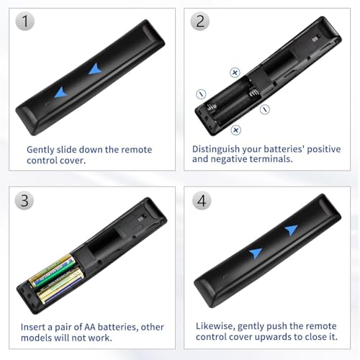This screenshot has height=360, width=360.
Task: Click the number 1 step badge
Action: tap(27, 22)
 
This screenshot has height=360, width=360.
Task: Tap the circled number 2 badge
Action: tap(201, 22)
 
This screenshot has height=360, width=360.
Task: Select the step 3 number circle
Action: tap(27, 201)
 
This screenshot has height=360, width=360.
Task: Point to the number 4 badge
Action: tap(201, 201)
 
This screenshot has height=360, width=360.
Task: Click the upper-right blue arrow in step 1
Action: tap(94, 69)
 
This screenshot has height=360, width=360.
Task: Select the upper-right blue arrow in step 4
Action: tap(290, 230)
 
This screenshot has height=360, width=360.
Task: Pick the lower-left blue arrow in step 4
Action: tap(256, 253)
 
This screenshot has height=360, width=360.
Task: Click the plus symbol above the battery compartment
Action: tap(235, 72)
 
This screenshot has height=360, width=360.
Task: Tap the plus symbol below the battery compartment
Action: tap(235, 130)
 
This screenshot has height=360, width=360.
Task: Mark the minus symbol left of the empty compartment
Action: tap(201, 94)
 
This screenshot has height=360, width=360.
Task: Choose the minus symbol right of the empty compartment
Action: tap(264, 109)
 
